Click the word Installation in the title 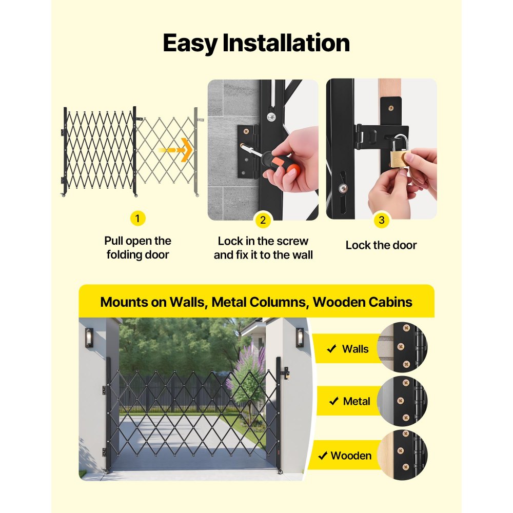point(286,44)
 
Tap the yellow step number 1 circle point(137,219)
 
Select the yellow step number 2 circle point(263,221)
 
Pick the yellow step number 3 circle point(381,221)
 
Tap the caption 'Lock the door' point(381,245)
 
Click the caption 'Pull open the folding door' point(137,248)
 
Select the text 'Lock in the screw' point(263,241)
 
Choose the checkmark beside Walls point(331,349)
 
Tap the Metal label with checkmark point(349,401)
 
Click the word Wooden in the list point(351,456)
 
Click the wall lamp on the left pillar point(89,338)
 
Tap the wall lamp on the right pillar point(300,338)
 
